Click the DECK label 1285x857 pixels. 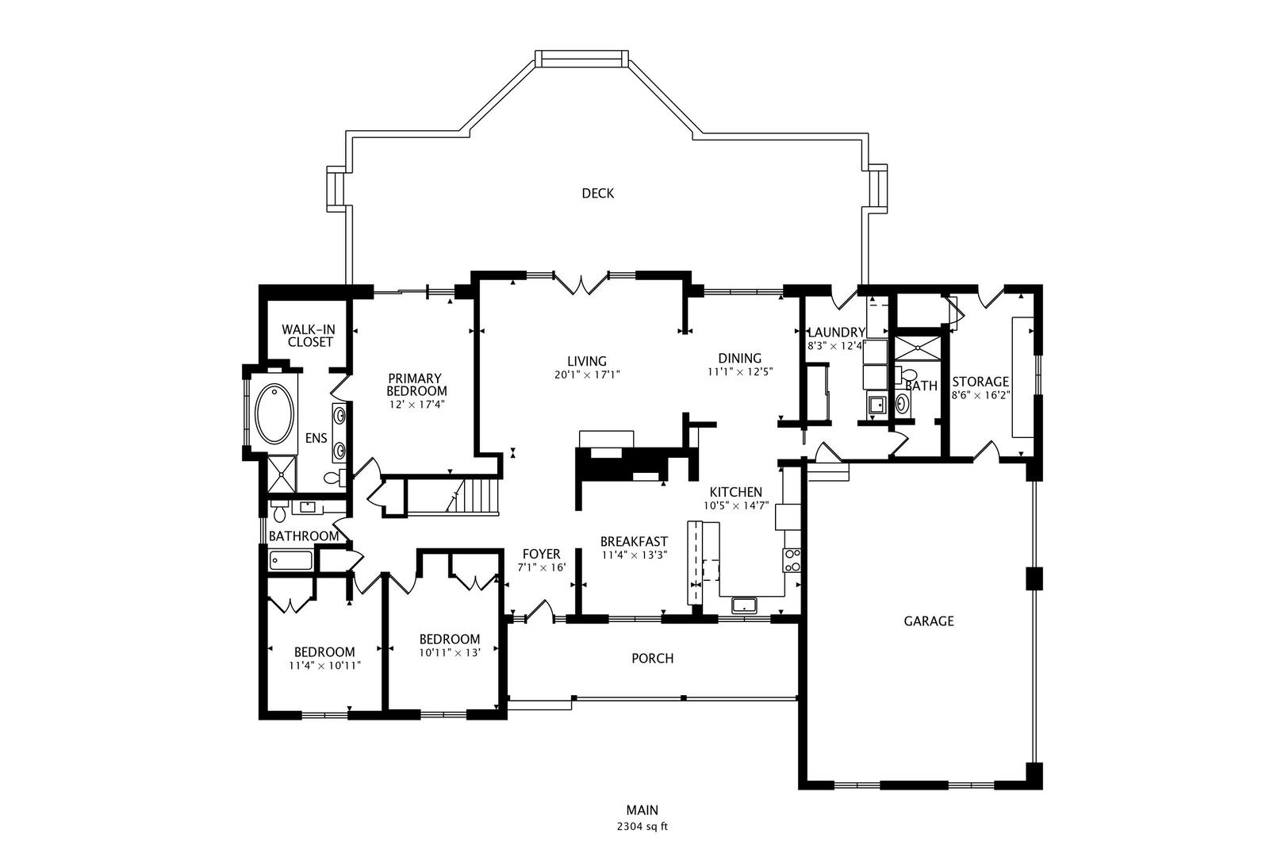pyautogui.click(x=597, y=193)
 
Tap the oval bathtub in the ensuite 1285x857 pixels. pyautogui.click(x=274, y=413)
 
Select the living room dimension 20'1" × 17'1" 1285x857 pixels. pyautogui.click(x=587, y=375)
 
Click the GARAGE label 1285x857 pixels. pyautogui.click(x=928, y=621)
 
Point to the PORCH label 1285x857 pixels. pyautogui.click(x=652, y=658)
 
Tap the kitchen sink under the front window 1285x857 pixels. pyautogui.click(x=744, y=605)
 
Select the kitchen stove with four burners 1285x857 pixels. pyautogui.click(x=792, y=560)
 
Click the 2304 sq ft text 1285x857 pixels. pyautogui.click(x=642, y=826)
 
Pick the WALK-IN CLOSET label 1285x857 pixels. pyautogui.click(x=309, y=335)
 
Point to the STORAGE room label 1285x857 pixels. pyautogui.click(x=980, y=382)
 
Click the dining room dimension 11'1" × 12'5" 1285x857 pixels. pyautogui.click(x=739, y=371)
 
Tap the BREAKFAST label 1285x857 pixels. pyautogui.click(x=634, y=541)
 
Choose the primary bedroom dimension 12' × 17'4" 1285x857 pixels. pyautogui.click(x=416, y=404)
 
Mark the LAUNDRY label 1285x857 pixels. pyautogui.click(x=835, y=332)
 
